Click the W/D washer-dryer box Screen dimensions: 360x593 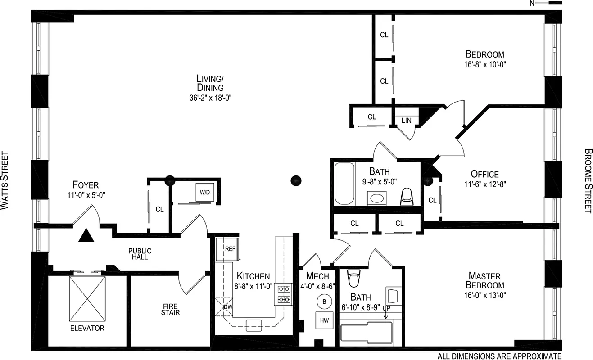(205, 192)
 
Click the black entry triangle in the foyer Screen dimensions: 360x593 (86, 235)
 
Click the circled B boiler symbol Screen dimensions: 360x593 (324, 302)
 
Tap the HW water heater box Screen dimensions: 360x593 (324, 320)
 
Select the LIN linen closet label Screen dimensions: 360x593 (406, 121)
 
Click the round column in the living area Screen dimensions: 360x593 (296, 180)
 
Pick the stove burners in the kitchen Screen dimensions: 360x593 (284, 294)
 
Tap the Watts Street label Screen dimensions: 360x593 (5, 180)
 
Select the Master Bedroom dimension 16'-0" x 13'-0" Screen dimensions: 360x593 (484, 295)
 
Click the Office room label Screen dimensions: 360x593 (484, 174)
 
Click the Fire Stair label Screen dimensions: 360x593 (170, 309)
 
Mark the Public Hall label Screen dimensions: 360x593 (140, 254)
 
